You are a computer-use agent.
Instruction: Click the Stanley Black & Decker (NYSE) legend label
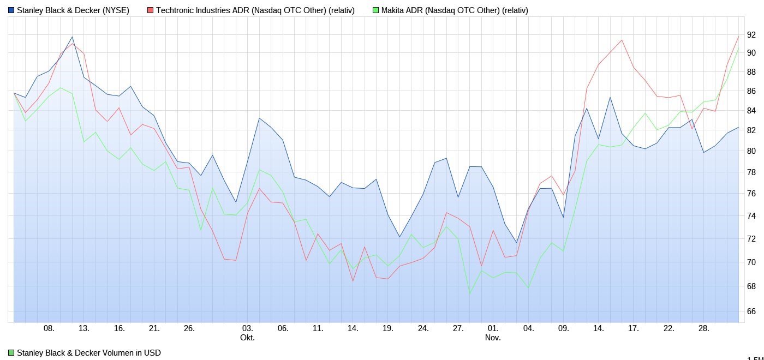pos(73,10)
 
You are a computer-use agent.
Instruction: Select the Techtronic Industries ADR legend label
pos(255,10)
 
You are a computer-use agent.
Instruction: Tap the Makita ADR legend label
pos(454,10)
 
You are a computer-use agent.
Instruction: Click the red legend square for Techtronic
pos(151,10)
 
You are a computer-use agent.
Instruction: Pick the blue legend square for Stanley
pos(11,10)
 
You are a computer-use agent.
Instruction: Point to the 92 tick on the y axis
pos(751,35)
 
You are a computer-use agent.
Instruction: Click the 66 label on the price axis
pos(751,311)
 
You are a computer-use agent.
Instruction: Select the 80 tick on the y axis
pos(751,151)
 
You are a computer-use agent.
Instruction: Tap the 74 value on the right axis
pos(751,217)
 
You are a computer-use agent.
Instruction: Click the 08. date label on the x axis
pos(49,328)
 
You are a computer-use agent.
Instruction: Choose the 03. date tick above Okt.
pos(247,328)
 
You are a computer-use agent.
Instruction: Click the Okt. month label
pos(247,338)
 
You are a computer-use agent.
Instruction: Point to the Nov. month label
pos(493,338)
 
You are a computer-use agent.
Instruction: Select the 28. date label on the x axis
pos(704,328)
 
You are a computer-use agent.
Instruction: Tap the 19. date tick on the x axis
pos(388,328)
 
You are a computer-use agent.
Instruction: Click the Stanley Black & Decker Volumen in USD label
pos(88,353)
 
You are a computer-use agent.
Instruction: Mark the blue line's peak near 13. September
pos(72,37)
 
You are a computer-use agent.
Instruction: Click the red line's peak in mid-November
pos(622,40)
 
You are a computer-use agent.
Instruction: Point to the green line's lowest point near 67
pos(470,293)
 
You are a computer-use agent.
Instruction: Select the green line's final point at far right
pos(738,47)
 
